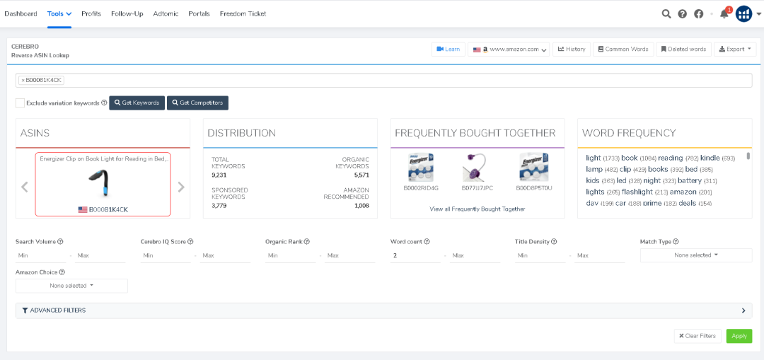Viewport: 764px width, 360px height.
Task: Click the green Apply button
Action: tap(739, 336)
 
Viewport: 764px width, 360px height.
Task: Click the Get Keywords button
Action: tap(137, 103)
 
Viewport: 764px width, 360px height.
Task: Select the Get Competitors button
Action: tap(197, 103)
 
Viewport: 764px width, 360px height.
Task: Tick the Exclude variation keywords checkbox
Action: tap(21, 103)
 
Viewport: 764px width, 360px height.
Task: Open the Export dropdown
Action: tap(735, 50)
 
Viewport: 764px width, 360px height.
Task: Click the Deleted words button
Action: tap(683, 50)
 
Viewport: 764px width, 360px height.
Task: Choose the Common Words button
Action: tap(623, 50)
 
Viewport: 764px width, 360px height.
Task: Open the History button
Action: tap(572, 50)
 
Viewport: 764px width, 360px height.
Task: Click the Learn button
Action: tap(448, 50)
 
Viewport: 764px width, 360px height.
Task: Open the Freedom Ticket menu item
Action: tap(243, 13)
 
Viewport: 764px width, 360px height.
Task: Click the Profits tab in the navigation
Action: tap(91, 13)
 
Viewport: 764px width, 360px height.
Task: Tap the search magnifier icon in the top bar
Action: tap(666, 13)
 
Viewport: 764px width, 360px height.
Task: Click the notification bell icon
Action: tap(724, 14)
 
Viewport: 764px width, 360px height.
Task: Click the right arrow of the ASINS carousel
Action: tap(181, 187)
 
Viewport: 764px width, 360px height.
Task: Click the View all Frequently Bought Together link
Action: tap(477, 209)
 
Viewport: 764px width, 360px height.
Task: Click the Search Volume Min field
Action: tap(40, 255)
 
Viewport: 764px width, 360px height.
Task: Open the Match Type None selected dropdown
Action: tap(695, 255)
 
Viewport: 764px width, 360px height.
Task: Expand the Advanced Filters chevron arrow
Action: tap(743, 310)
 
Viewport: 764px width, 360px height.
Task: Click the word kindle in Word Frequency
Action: tap(710, 158)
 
